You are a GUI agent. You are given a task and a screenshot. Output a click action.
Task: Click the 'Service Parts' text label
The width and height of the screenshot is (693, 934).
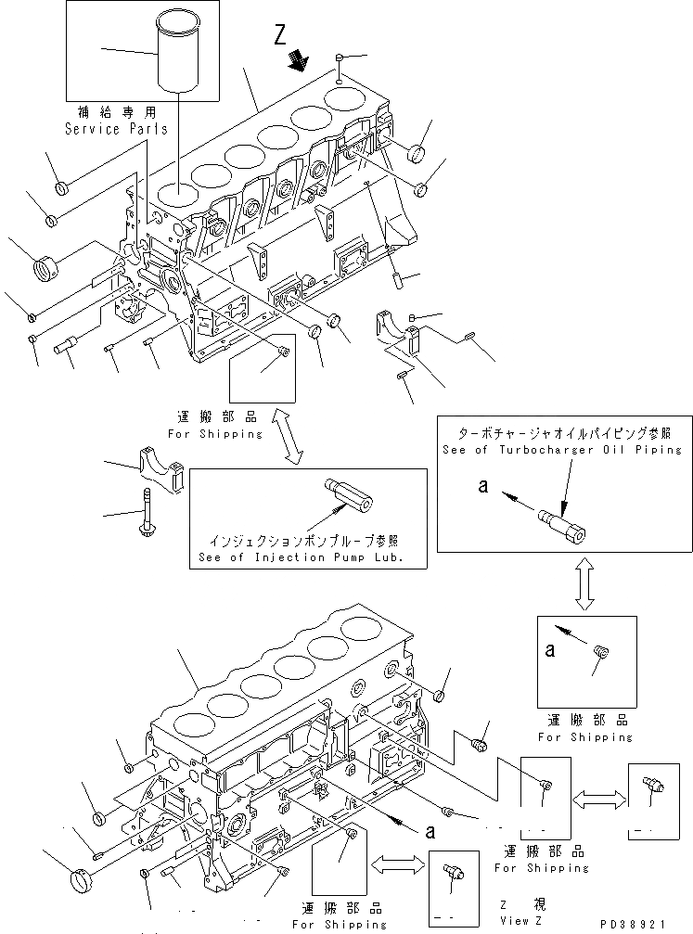point(116,129)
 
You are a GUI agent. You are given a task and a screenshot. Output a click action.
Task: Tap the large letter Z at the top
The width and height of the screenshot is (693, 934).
point(281,36)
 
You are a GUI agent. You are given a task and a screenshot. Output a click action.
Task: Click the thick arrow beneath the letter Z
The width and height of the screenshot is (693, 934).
point(298,61)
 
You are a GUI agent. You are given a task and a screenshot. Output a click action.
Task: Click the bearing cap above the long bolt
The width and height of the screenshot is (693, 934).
point(161,466)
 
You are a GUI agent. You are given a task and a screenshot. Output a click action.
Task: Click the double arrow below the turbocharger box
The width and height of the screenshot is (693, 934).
point(584,585)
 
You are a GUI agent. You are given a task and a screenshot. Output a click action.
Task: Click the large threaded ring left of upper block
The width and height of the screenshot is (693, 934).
point(46,271)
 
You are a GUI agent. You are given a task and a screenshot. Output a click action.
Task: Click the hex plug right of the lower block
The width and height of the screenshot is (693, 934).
point(480,745)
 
